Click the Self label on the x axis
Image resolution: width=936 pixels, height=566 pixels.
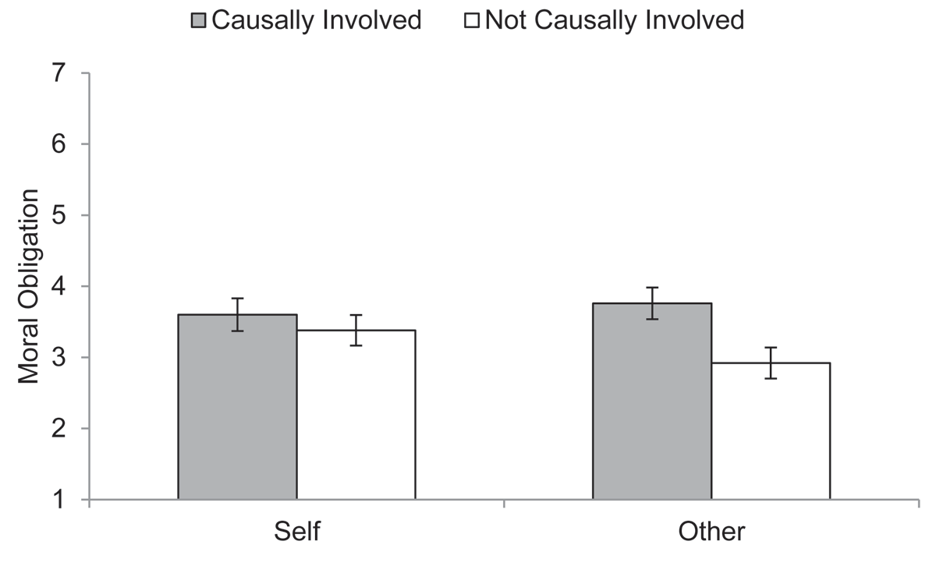coord(297,532)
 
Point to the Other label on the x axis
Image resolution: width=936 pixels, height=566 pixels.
coord(711,532)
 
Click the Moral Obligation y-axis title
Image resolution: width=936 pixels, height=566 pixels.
coord(29,286)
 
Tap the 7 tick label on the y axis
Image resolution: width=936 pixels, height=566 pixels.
coord(60,74)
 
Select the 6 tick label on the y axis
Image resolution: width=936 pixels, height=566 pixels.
coord(60,145)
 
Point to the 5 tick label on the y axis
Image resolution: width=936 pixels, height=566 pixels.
coord(60,216)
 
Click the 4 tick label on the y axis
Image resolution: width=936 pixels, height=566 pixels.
coord(60,287)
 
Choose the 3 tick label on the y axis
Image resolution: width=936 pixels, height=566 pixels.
coord(60,358)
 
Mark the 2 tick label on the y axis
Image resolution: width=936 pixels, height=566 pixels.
coord(60,429)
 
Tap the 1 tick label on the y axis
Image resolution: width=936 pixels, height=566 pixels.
coord(60,500)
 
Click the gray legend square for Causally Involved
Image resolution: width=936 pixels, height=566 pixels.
coord(198,20)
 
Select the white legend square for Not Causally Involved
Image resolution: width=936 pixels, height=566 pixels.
coord(471,20)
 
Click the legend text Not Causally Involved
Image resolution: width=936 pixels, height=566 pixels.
coord(614,20)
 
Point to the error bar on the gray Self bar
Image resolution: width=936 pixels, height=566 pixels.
coord(237,314)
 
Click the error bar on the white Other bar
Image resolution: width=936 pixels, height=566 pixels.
coord(771,363)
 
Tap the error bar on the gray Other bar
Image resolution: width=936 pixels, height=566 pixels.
coord(652,303)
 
